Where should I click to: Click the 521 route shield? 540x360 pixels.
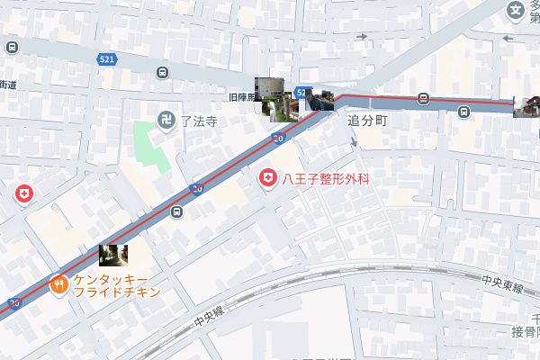(107, 58)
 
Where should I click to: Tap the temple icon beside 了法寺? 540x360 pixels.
(166, 120)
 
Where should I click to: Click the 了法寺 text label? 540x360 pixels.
(198, 121)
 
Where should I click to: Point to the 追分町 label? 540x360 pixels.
(367, 120)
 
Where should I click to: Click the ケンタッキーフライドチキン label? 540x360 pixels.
(117, 285)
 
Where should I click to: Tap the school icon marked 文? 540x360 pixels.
(515, 12)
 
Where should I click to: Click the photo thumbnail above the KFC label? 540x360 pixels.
(112, 255)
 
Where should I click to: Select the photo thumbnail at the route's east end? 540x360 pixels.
(526, 106)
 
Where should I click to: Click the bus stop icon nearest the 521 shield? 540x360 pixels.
(162, 73)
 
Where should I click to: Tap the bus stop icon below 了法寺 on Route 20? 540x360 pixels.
(176, 212)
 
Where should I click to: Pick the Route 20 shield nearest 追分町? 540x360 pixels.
(278, 138)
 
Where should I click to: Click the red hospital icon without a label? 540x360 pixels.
(23, 193)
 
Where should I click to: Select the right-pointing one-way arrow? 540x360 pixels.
(361, 37)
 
